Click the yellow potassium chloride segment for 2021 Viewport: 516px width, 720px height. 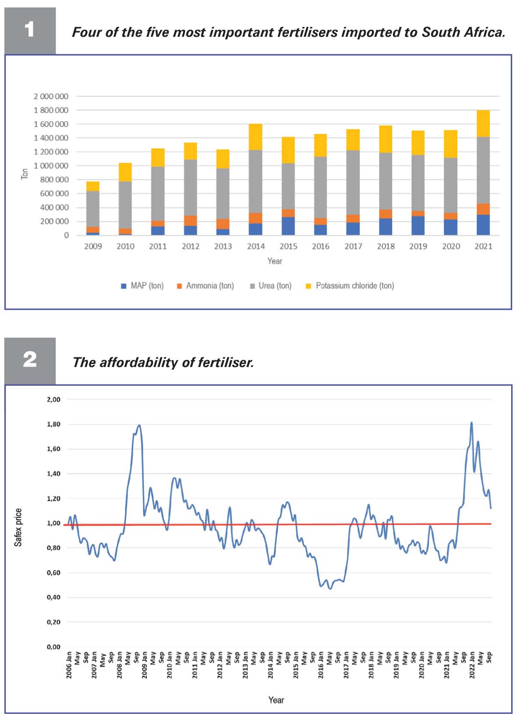click(x=483, y=124)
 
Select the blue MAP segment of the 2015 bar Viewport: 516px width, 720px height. click(x=288, y=226)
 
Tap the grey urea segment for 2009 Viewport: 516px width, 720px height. click(x=93, y=209)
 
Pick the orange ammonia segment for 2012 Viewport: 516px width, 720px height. click(x=191, y=221)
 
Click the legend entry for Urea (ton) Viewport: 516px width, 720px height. click(x=271, y=286)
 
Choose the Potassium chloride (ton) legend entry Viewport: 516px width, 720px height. click(x=350, y=286)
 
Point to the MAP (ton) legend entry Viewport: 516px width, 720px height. click(x=142, y=286)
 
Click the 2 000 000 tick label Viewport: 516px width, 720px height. click(x=51, y=96)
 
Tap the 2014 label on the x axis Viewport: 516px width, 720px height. click(x=255, y=246)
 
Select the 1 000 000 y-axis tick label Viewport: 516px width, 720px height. click(x=51, y=166)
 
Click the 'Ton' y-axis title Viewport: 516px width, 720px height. click(x=25, y=174)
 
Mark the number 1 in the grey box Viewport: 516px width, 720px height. click(x=29, y=29)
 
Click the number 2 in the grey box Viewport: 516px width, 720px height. click(x=30, y=359)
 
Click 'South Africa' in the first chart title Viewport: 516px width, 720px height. click(x=463, y=32)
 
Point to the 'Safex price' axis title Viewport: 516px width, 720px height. click(x=18, y=527)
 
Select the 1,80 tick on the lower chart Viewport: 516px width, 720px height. click(x=53, y=424)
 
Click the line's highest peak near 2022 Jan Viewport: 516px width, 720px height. click(x=472, y=423)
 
